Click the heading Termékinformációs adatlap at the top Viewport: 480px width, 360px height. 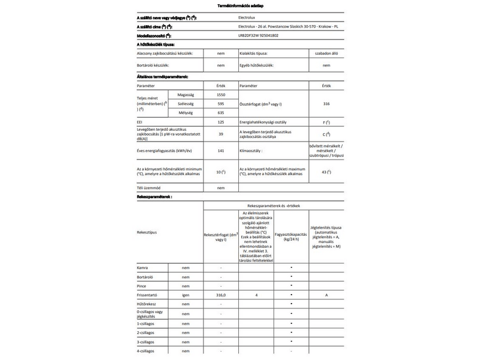pos(240,5)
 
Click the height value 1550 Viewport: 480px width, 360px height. pos(221,95)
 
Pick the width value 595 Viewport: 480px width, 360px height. pos(221,104)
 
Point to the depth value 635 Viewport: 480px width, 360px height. pos(221,112)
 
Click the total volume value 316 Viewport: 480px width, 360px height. pos(326,104)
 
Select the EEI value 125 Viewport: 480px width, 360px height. pos(221,122)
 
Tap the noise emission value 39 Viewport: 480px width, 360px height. pos(221,134)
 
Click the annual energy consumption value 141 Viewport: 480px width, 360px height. pos(221,150)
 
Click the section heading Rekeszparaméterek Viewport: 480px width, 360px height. pos(155,196)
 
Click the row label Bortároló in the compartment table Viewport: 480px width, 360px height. pos(147,277)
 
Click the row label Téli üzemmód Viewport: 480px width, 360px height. pos(150,188)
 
